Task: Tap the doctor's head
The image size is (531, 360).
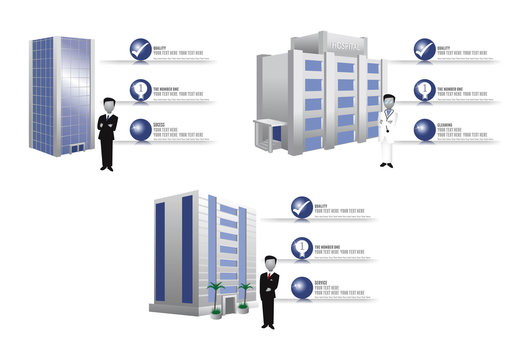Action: (389, 101)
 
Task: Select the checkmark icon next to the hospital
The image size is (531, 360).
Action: (424, 49)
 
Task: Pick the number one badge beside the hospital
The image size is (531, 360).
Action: (424, 90)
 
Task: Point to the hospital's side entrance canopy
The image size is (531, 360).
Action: (269, 127)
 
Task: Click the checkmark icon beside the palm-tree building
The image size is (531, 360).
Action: (301, 207)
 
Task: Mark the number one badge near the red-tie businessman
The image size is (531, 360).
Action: (301, 247)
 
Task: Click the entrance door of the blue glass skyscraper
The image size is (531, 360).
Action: (77, 148)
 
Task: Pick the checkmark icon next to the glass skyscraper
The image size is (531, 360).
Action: (139, 49)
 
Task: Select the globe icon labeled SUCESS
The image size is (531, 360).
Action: (139, 130)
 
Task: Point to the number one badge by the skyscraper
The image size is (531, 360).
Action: (139, 90)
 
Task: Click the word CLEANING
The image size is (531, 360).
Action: (446, 123)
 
